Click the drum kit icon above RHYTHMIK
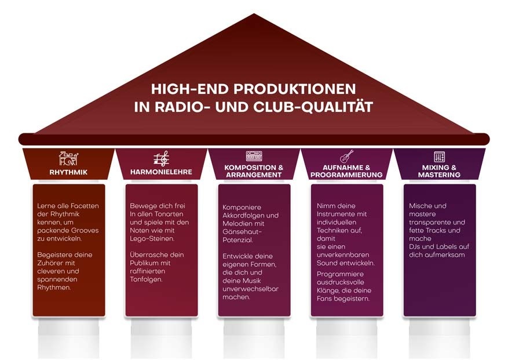tap(68, 158)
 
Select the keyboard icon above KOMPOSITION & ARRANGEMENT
tap(254, 156)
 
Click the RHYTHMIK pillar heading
tap(68, 172)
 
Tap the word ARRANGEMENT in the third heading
tap(254, 175)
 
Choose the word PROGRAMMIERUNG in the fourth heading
tap(346, 175)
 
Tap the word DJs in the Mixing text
tap(416, 246)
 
